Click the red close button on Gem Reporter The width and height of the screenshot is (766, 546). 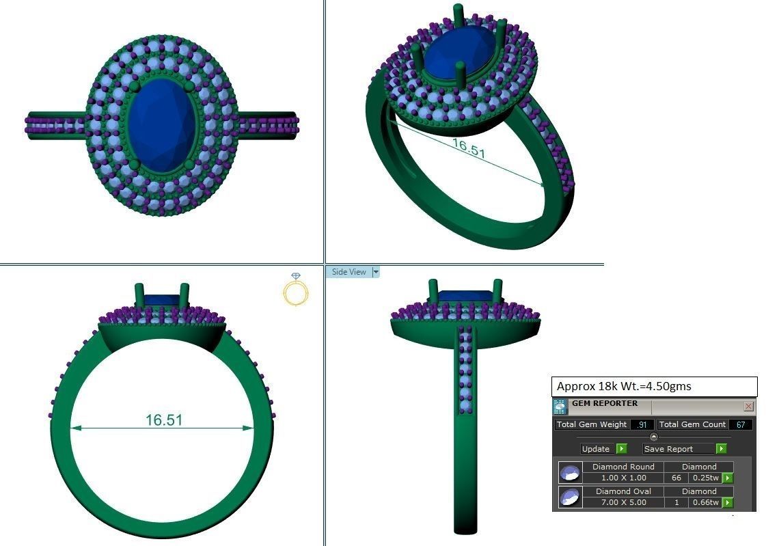coord(748,407)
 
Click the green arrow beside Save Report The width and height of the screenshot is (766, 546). coord(722,449)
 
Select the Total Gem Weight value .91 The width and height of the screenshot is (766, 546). coord(642,424)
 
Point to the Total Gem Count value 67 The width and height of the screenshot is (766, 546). coord(741,424)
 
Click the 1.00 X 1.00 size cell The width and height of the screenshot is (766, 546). coord(623,478)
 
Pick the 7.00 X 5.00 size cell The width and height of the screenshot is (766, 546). coord(623,502)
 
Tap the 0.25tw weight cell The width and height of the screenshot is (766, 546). coord(705,478)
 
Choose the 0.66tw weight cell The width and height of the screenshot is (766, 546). coord(705,502)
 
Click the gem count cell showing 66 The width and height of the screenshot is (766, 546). coord(676,478)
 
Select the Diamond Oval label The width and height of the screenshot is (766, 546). coord(623,491)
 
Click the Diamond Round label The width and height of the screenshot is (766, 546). coord(623,467)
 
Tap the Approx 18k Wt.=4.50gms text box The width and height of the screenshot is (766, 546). coord(654,387)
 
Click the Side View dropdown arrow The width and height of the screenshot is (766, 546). coord(375,272)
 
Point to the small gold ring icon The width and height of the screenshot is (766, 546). coord(296,290)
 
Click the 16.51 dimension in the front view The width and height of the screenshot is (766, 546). coord(164,420)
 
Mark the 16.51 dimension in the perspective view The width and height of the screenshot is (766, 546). coord(468,148)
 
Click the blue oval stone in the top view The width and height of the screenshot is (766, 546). coord(161,126)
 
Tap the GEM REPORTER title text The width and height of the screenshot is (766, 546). coord(605,404)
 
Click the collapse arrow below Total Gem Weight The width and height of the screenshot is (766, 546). coord(654,437)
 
